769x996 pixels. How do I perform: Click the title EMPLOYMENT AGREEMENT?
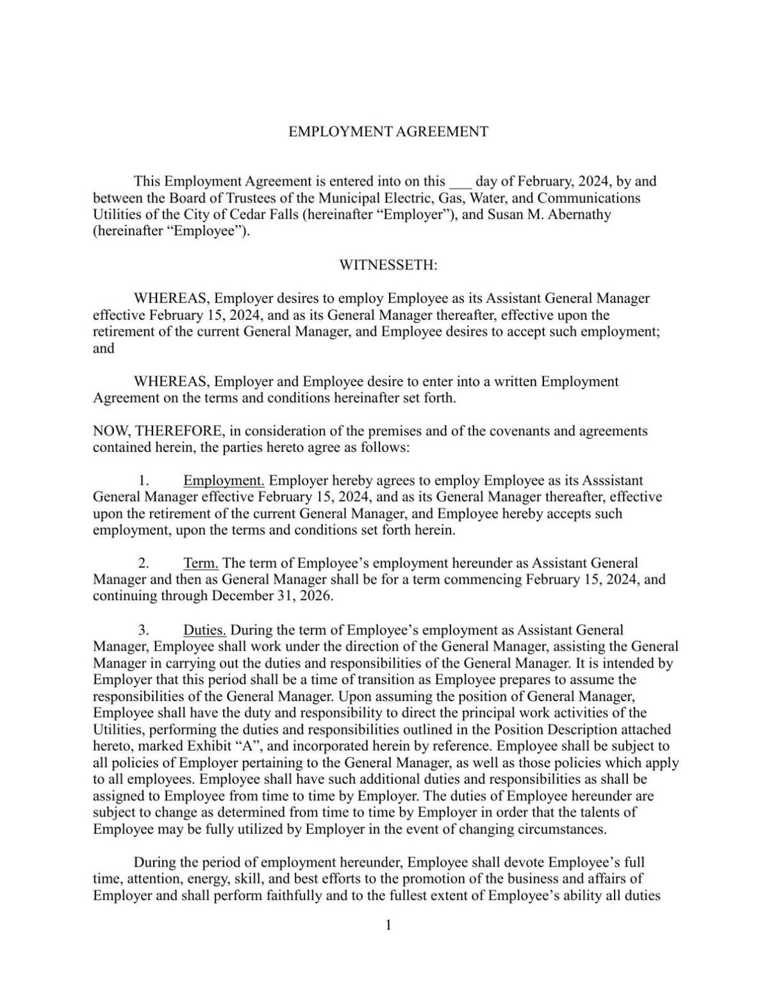point(388,132)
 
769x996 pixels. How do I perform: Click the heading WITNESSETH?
point(388,265)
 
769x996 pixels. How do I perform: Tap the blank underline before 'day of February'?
point(460,182)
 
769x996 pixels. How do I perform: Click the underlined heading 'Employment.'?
point(224,481)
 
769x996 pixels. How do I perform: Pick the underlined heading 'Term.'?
point(201,563)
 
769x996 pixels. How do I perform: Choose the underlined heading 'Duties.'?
point(204,630)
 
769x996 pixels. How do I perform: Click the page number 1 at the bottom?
point(388,925)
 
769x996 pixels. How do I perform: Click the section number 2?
point(144,563)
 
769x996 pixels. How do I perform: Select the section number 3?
point(144,630)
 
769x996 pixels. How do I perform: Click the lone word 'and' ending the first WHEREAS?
point(104,349)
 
